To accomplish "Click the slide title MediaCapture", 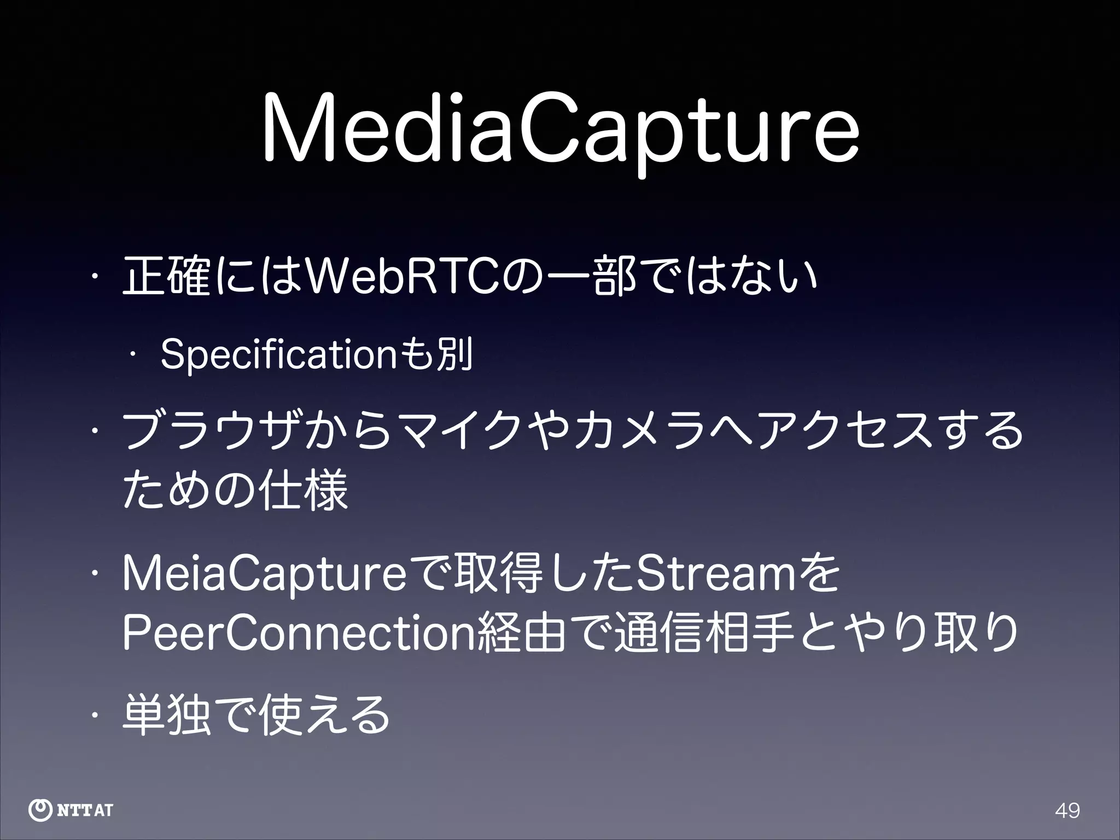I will [560, 130].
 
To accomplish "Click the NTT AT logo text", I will [85, 810].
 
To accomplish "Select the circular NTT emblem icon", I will [40, 810].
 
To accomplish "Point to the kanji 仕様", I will [304, 488].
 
